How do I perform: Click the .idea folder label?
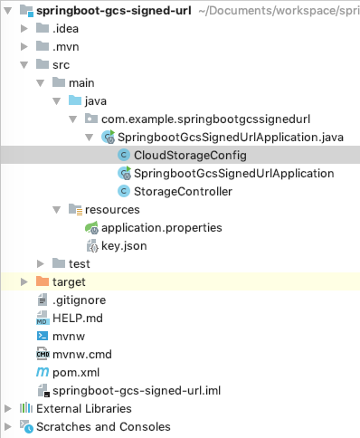(x=67, y=28)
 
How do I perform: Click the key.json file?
(x=123, y=245)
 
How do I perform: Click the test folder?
(x=80, y=263)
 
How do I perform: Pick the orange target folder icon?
(x=42, y=282)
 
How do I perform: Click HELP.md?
(x=78, y=319)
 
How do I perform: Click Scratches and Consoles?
(x=102, y=426)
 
